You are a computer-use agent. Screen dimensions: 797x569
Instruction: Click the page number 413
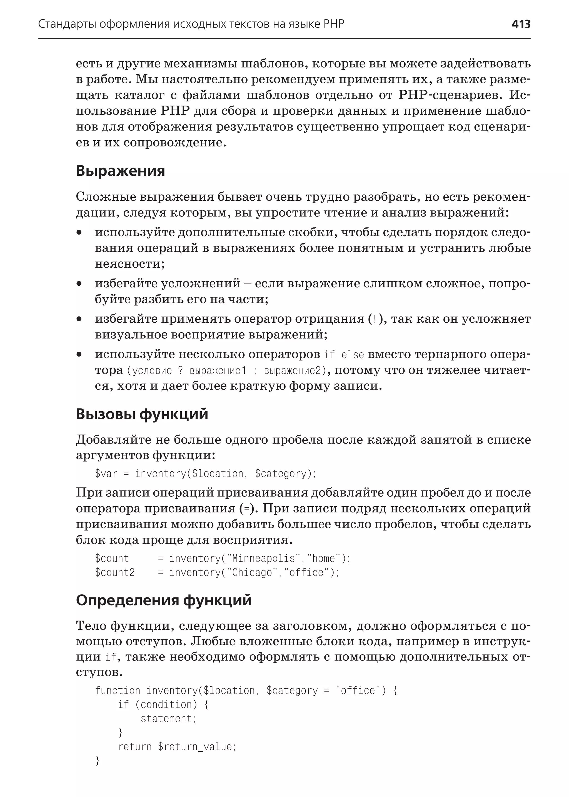(521, 24)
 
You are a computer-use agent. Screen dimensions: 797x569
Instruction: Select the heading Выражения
(120, 171)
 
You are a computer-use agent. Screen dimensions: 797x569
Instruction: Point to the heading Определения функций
(164, 600)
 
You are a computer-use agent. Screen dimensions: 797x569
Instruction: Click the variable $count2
(114, 572)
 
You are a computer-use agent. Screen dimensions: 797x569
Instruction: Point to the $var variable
(106, 474)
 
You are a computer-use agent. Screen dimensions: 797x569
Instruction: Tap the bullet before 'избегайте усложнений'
(79, 283)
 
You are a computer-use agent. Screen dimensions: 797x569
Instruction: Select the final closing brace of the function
(98, 761)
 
